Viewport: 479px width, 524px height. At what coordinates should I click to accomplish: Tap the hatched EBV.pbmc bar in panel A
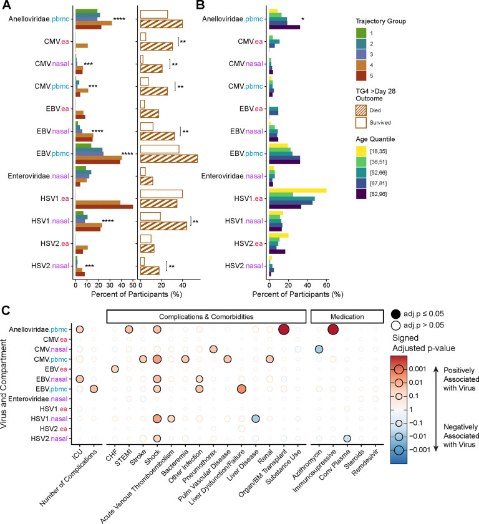click(169, 158)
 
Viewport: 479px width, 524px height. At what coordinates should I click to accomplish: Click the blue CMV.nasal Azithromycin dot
click(319, 349)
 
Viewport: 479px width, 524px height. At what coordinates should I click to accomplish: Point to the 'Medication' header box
click(346, 316)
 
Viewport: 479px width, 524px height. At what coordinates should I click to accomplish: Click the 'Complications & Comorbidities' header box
click(206, 316)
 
